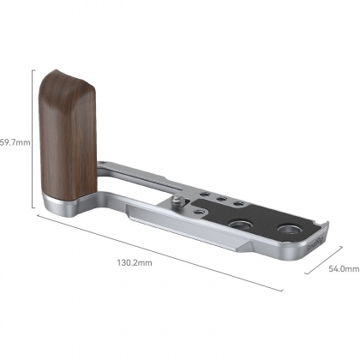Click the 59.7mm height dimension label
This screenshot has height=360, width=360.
coord(15,141)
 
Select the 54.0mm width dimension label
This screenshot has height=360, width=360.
coord(343,268)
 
